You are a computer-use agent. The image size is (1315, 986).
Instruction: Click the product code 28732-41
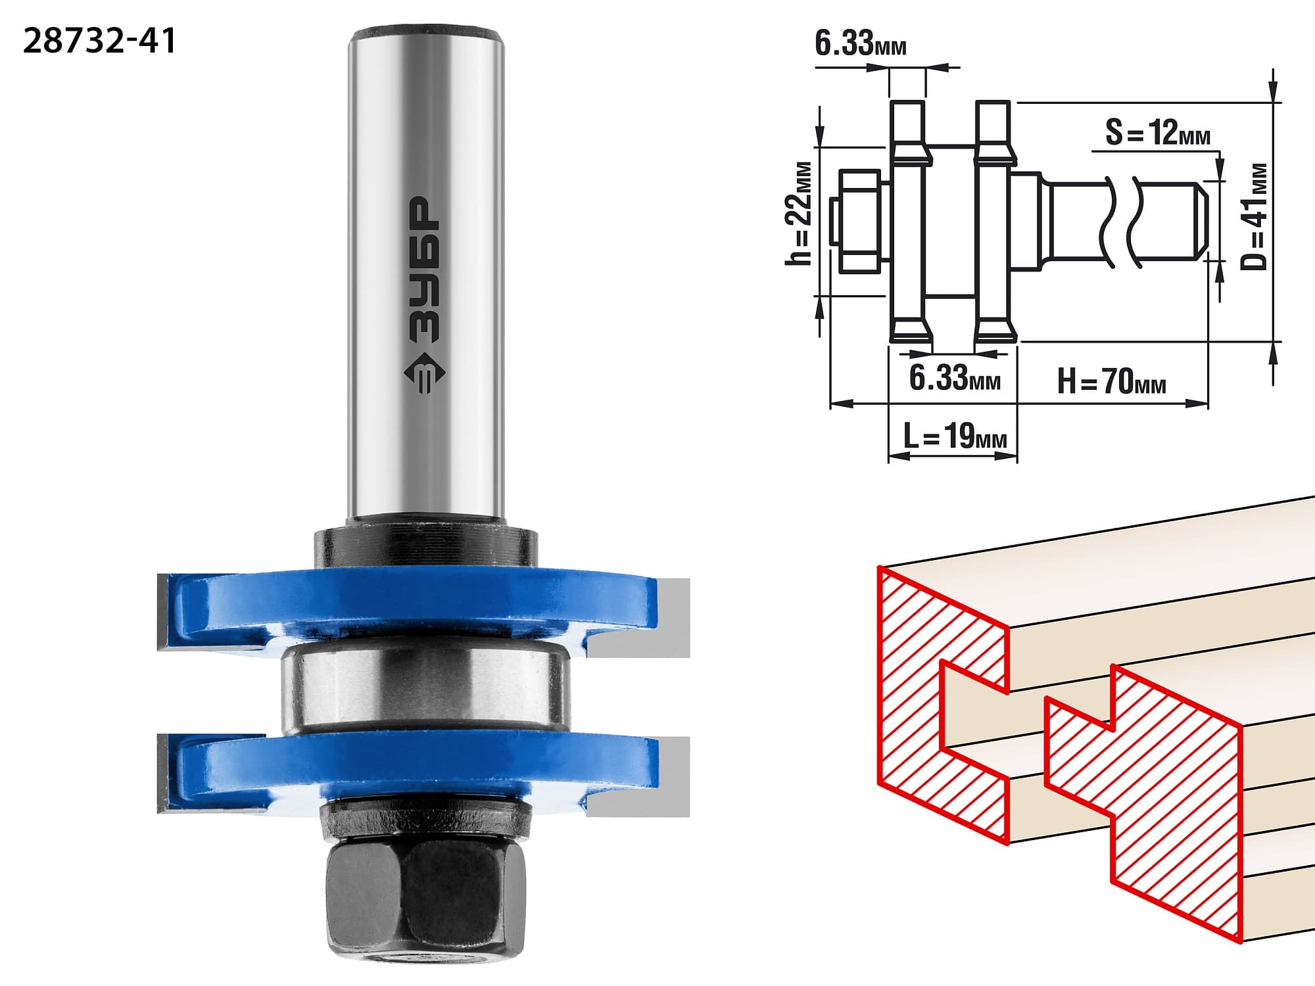tap(100, 41)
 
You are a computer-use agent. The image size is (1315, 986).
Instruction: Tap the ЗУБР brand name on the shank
tap(424, 269)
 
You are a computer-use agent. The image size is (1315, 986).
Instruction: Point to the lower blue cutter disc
tap(421, 769)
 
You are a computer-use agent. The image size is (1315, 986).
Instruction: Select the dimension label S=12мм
tap(1157, 133)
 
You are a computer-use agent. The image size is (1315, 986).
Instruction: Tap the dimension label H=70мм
tap(1111, 381)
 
